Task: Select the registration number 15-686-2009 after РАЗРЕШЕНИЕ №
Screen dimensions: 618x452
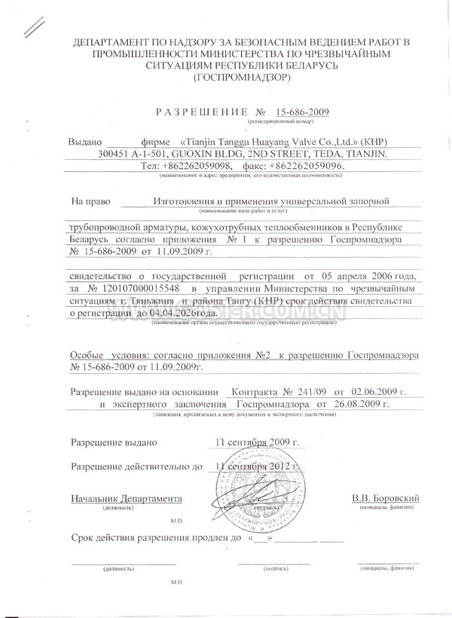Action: (x=302, y=112)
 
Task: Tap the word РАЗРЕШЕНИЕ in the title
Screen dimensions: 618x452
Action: (x=199, y=112)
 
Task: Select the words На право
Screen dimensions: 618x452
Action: (x=90, y=201)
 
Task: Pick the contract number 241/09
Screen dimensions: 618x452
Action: (x=296, y=392)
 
